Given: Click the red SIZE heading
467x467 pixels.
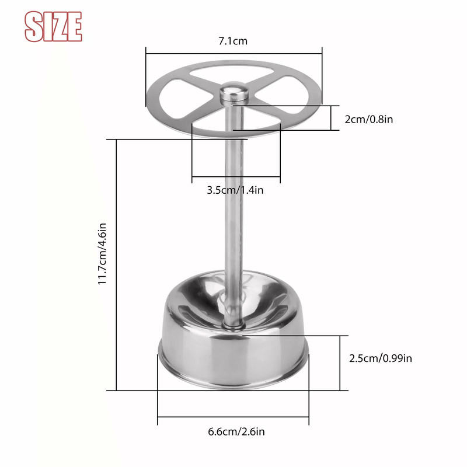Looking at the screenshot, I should coord(53,26).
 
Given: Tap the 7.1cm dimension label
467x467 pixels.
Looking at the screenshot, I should coord(232,41).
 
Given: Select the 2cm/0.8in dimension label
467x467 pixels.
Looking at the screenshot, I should coord(368,119).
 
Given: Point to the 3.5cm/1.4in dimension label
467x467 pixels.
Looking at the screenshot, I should coord(236,190).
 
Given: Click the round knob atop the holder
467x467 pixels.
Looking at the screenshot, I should coord(233,92).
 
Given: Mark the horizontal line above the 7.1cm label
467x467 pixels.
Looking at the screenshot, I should coord(233,54).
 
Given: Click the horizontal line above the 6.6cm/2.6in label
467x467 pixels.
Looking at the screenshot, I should coord(233,417).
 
